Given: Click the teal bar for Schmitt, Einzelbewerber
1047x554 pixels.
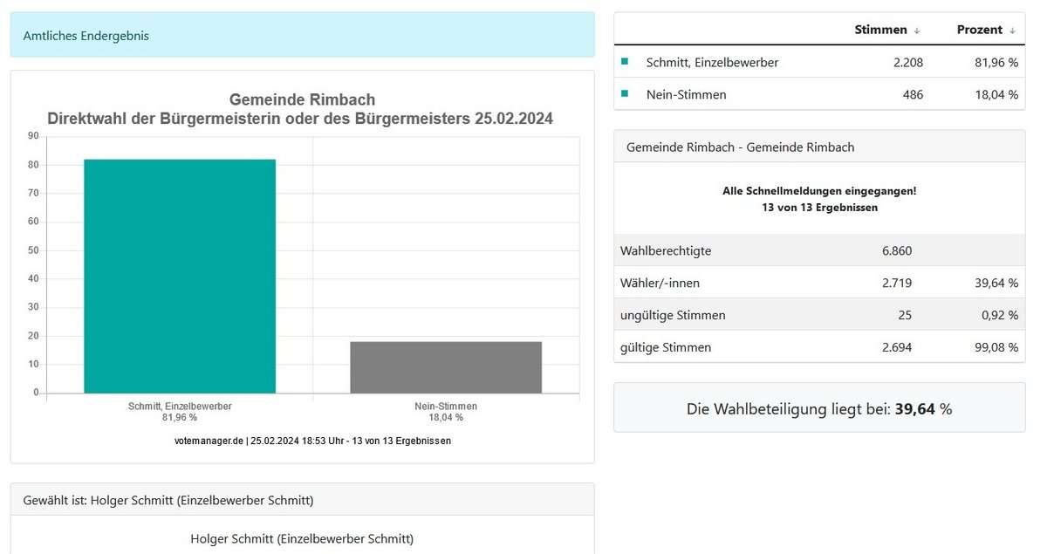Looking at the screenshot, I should point(180,276).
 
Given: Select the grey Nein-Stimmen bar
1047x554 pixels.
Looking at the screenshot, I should point(446,366).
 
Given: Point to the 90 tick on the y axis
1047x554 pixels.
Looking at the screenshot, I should point(33,136).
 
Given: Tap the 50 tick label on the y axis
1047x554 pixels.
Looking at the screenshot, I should point(33,250).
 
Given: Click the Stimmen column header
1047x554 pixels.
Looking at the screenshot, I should point(881,30).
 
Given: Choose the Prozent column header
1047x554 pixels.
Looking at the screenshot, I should point(980,30).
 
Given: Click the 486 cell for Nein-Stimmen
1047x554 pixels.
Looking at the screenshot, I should point(911,95).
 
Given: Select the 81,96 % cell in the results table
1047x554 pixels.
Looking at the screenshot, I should point(996,63).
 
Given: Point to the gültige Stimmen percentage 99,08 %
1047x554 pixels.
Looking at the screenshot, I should point(996,347).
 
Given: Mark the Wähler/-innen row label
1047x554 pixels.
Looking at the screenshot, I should point(660,283).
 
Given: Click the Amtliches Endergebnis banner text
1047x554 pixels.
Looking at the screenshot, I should point(86,36).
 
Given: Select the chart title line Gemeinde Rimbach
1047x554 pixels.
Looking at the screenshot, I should point(302,100).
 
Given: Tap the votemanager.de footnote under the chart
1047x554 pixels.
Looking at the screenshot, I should point(312,441).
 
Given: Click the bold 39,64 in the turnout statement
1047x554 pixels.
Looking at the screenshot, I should point(914,408).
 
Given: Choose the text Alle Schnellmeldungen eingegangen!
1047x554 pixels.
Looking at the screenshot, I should point(819,190).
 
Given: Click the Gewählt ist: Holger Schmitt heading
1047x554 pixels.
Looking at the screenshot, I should point(168,500).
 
